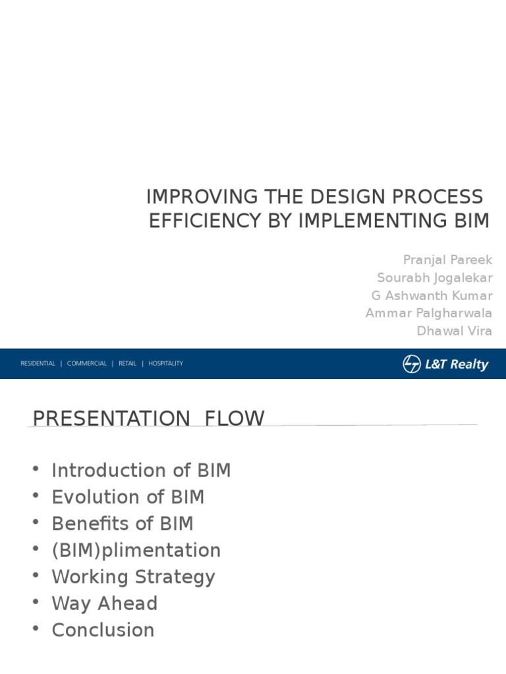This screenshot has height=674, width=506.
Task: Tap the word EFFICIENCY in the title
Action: tap(206, 221)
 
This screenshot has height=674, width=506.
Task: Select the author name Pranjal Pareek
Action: tap(447, 260)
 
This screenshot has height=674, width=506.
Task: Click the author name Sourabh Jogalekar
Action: tap(435, 278)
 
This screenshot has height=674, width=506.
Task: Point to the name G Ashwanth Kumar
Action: tap(432, 296)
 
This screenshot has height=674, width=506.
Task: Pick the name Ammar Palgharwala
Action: tap(428, 313)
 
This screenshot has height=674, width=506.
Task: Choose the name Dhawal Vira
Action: tap(455, 331)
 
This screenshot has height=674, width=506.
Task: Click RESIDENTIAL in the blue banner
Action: tap(38, 363)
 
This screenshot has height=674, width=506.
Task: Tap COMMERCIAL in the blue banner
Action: tap(86, 363)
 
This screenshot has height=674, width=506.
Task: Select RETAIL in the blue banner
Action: tap(127, 363)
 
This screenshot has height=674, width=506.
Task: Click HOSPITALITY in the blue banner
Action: tap(165, 363)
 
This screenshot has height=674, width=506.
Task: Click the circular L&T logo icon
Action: tap(412, 364)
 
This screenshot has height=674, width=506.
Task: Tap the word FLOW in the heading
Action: tap(235, 419)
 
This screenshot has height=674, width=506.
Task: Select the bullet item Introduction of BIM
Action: tap(141, 470)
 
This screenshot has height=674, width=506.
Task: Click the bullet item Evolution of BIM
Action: tap(128, 497)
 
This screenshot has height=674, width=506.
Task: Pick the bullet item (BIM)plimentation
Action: tap(136, 551)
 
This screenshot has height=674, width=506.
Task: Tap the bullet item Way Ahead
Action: tap(105, 604)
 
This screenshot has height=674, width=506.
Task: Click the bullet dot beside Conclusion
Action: tap(36, 629)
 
